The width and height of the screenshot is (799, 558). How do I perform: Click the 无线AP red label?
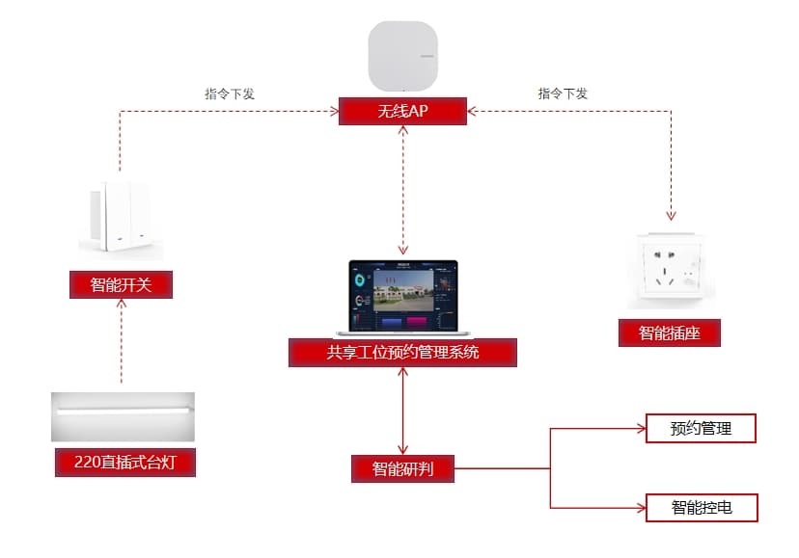402,112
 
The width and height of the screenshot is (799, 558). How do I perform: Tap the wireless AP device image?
402,55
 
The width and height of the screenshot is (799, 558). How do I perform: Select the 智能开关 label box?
121,284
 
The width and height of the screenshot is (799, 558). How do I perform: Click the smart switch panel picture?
121,220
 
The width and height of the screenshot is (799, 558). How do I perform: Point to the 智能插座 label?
670,333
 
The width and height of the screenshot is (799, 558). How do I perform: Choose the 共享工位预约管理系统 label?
402,353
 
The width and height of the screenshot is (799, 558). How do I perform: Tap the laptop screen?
401,293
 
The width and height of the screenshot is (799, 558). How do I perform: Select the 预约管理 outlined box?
701,429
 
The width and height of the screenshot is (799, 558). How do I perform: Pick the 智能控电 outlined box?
702,507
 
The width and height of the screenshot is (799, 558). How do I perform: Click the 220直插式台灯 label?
123,463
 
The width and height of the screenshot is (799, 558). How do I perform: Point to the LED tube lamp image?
123,415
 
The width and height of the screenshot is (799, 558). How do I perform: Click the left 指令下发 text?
230,94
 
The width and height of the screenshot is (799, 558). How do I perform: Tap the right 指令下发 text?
563,94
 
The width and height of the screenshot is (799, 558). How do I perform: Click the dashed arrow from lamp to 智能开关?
122,342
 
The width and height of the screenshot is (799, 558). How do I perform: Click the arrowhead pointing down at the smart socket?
672,215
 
